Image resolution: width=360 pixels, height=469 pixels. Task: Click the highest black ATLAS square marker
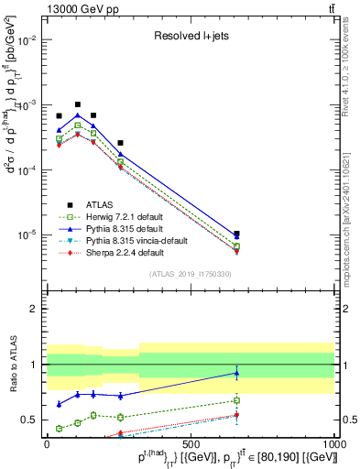pos(78,104)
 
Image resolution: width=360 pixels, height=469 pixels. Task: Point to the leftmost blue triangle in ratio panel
pos(60,404)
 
